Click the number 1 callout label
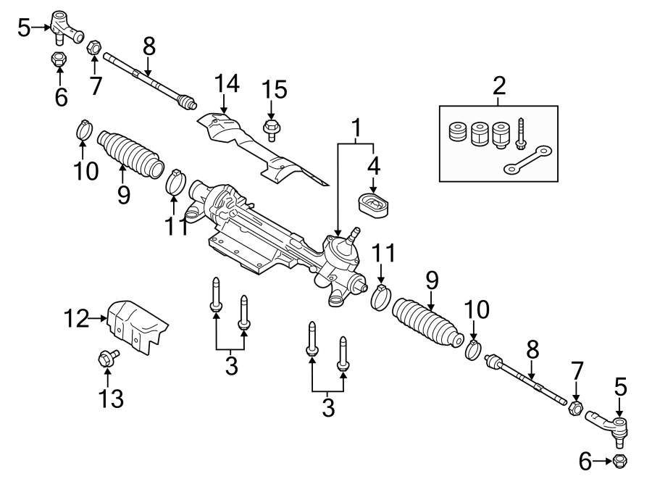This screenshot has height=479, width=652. [356, 129]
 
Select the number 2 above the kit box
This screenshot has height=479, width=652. [498, 86]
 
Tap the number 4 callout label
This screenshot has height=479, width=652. [374, 166]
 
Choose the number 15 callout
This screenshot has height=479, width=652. [274, 90]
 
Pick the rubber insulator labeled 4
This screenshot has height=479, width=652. [375, 204]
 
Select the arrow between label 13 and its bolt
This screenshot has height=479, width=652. [107, 377]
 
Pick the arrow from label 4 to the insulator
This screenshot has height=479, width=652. [374, 185]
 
